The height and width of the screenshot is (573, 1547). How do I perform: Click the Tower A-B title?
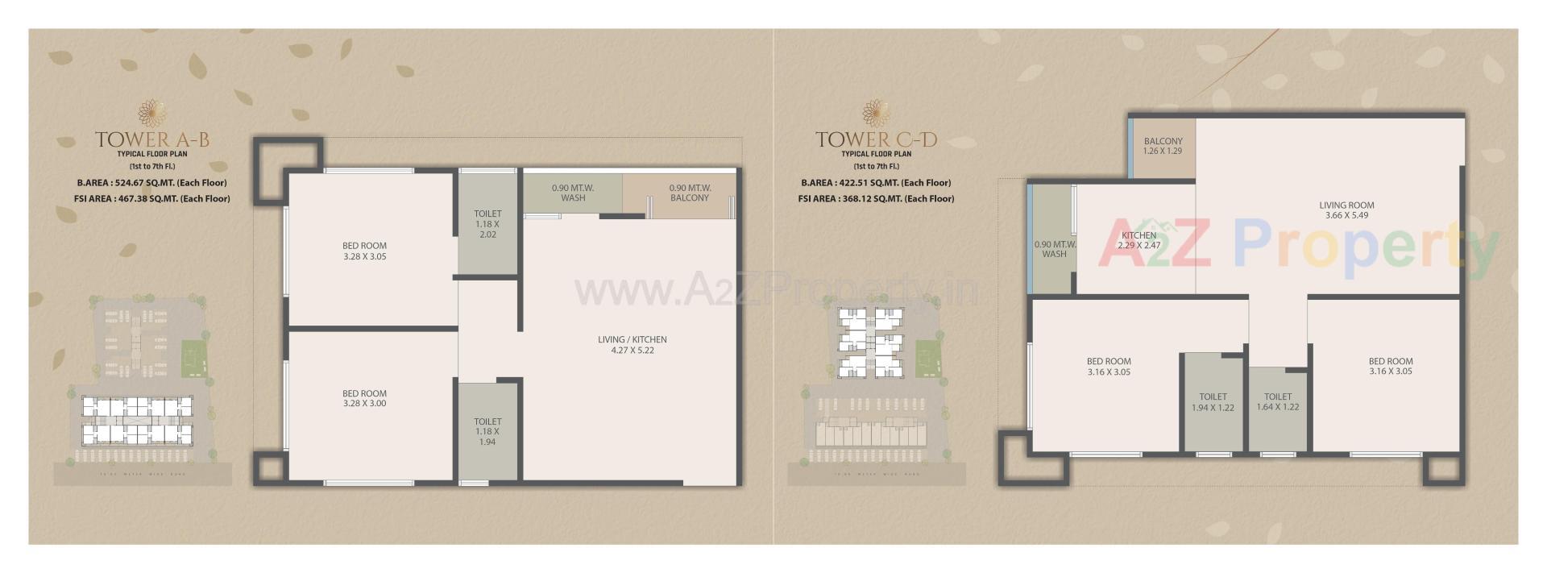click(x=152, y=139)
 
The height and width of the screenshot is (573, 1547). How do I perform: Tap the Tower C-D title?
click(x=876, y=139)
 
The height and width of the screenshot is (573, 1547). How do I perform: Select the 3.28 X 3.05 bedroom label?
click(x=364, y=251)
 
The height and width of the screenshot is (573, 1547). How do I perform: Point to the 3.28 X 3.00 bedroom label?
click(x=364, y=399)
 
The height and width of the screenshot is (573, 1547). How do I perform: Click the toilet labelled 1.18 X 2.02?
click(x=487, y=224)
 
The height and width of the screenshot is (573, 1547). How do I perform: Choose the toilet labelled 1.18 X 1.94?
click(x=487, y=431)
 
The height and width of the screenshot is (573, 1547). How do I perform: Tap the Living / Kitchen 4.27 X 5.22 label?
click(x=632, y=345)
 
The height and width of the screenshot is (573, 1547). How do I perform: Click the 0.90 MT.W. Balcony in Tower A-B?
click(x=690, y=193)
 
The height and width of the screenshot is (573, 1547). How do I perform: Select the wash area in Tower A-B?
click(x=573, y=193)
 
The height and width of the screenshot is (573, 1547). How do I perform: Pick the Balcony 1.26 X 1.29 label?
click(x=1163, y=146)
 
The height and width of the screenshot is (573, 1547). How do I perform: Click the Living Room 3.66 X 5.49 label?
click(x=1346, y=210)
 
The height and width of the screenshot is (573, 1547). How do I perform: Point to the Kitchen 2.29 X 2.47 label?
click(x=1138, y=240)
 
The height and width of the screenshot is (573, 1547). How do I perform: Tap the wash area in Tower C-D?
click(x=1054, y=249)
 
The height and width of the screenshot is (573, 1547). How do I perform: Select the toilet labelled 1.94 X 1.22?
click(x=1213, y=402)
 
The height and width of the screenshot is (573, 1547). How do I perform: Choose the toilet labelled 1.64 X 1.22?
click(x=1278, y=402)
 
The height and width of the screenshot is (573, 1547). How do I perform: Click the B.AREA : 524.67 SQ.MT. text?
click(x=151, y=183)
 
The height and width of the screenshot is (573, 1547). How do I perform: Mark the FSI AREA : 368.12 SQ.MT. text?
click(x=876, y=198)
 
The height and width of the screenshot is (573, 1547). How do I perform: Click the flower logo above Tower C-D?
click(x=876, y=113)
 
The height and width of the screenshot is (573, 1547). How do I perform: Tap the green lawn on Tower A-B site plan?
click(x=193, y=359)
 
